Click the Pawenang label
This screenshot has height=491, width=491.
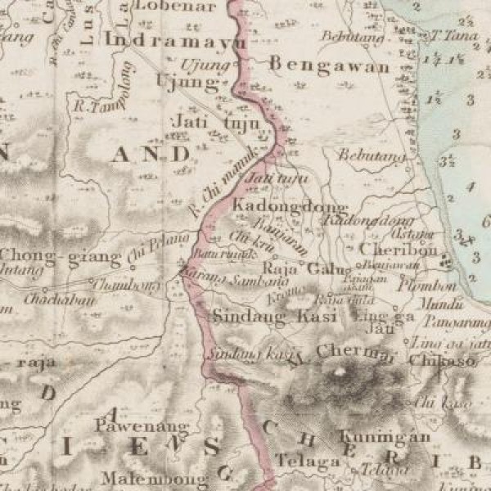click(x=132, y=426)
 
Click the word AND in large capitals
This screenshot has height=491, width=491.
click(x=151, y=153)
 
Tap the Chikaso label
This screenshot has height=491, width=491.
click(x=442, y=358)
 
